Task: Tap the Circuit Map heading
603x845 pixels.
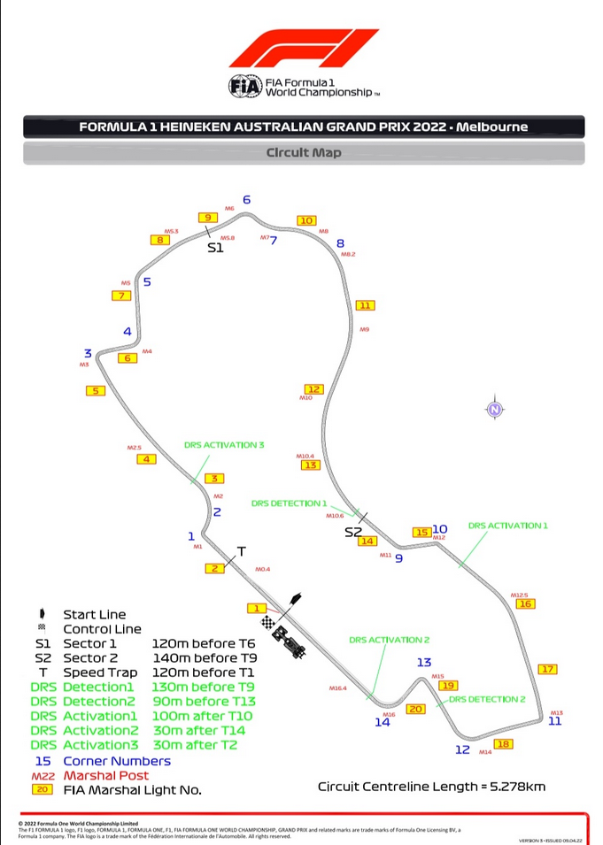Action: pos(304,152)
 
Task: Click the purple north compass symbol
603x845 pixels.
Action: pos(495,409)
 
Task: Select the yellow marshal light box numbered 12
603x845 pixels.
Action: pos(313,389)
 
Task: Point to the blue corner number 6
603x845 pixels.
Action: pos(247,199)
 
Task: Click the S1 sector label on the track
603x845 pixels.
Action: pos(216,249)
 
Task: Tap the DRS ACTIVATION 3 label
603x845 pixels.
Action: pos(224,445)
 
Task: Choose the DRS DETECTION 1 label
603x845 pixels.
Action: pos(289,503)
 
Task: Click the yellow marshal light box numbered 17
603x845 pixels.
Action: pos(548,669)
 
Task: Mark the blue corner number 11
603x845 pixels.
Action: pos(555,721)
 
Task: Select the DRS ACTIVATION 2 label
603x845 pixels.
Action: pos(389,640)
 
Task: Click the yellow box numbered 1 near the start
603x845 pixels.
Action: pos(256,608)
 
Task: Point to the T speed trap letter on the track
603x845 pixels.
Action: pos(240,551)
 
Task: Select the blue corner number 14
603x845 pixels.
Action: pos(382,722)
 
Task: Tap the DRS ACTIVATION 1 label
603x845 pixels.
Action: pos(507,526)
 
